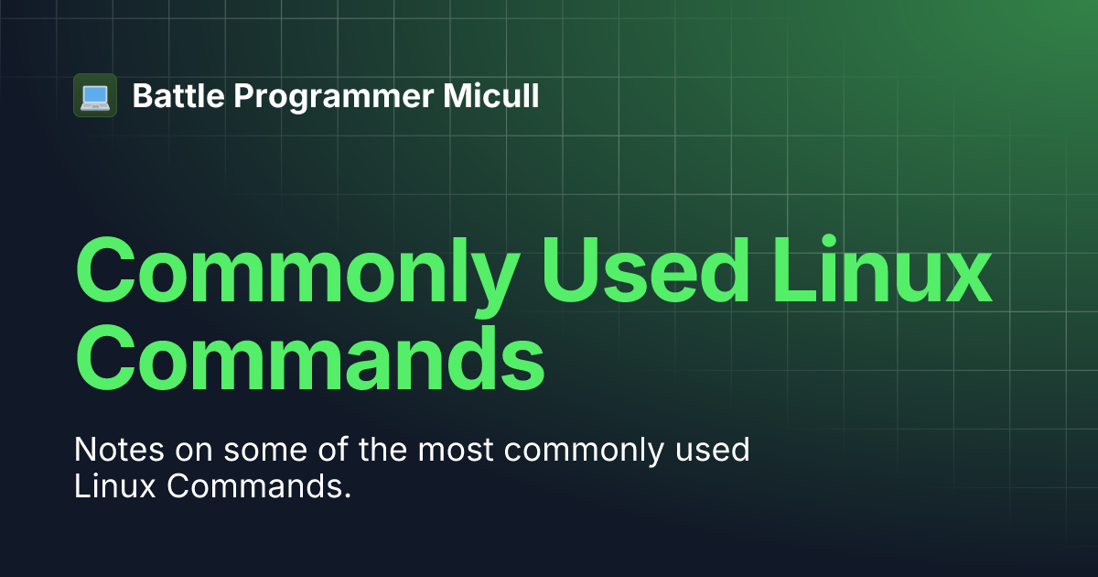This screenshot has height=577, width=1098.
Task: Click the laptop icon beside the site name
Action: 95,95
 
